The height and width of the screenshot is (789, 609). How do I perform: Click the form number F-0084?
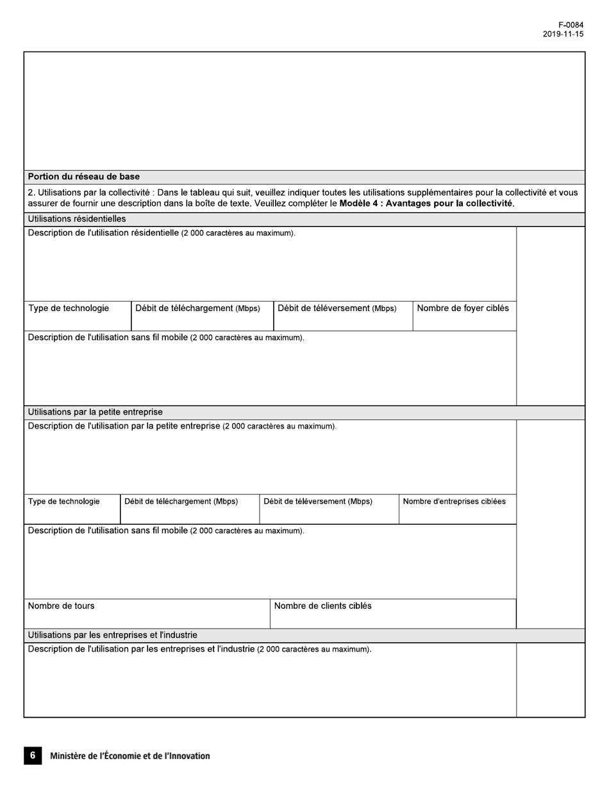point(570,26)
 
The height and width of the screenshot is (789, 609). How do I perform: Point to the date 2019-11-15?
point(563,35)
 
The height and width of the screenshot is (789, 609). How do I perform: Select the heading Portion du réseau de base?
point(84,176)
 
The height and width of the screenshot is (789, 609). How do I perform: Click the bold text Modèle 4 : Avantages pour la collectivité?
point(426,204)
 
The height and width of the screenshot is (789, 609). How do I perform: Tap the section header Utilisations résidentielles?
point(77,219)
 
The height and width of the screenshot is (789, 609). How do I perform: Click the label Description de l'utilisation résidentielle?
point(103,233)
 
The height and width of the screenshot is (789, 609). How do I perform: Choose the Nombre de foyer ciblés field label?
point(463,309)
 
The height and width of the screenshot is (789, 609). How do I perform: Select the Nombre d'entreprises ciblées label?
point(454,502)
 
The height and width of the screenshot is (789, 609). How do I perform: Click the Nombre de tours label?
point(62,606)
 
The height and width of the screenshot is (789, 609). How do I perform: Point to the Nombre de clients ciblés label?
point(322,606)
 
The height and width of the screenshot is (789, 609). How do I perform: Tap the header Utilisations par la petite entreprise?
point(96,412)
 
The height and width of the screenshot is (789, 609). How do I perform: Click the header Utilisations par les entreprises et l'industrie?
point(112,635)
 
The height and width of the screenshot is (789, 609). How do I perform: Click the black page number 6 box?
point(33,756)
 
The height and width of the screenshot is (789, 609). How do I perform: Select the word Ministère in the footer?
point(69,756)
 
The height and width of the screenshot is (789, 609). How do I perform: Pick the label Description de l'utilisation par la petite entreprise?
point(124,426)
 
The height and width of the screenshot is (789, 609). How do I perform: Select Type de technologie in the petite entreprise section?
point(63,502)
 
